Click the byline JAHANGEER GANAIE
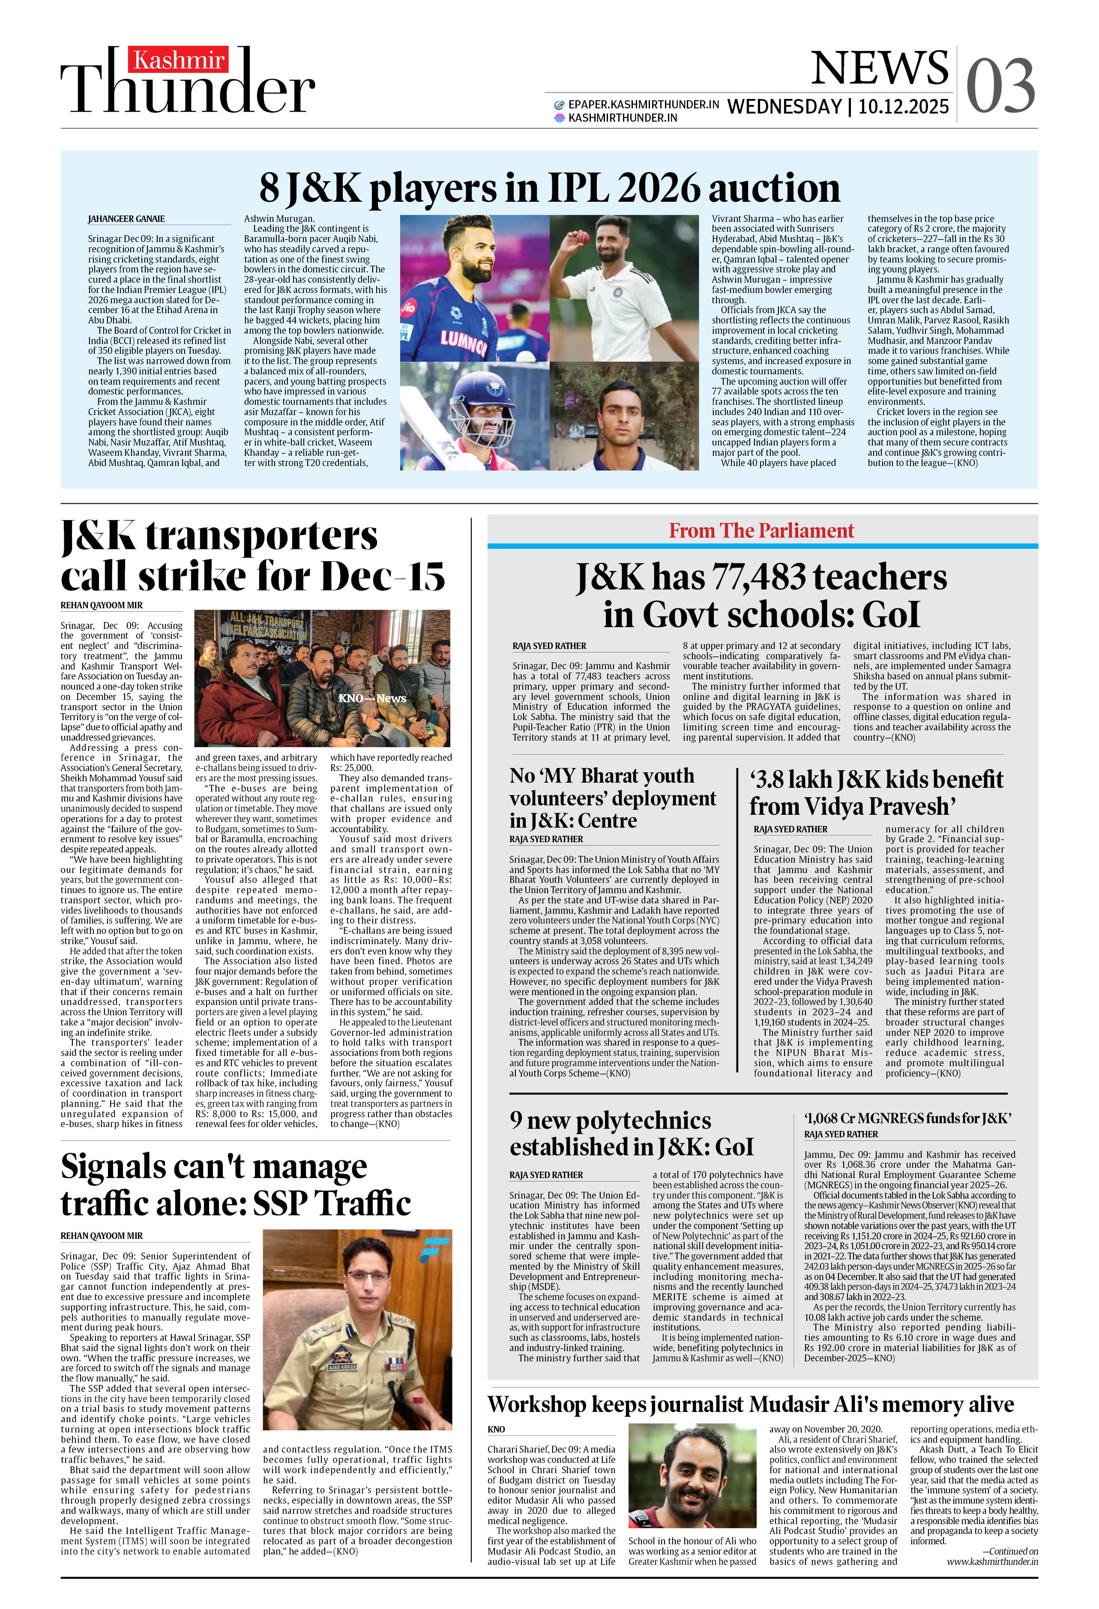coord(126,219)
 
